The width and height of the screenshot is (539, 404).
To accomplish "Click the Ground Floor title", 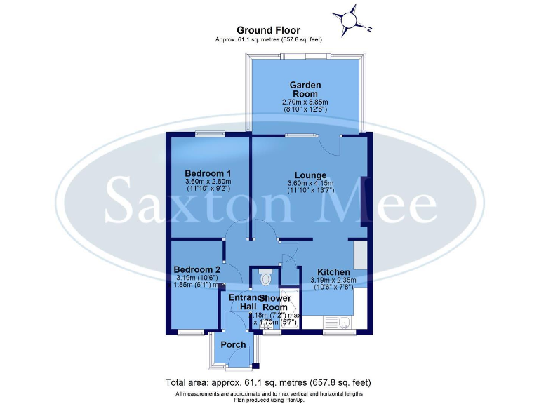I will click(268, 30).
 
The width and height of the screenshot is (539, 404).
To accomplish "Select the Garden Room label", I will click(305, 89).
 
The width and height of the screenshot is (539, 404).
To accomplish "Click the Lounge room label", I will click(310, 175).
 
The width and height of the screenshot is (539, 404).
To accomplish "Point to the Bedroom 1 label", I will click(208, 173).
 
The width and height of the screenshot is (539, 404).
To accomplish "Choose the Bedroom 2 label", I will click(197, 269).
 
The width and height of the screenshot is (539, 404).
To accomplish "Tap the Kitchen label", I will click(333, 272).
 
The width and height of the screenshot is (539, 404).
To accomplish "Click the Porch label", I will click(233, 344).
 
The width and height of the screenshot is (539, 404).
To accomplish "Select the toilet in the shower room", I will click(265, 278).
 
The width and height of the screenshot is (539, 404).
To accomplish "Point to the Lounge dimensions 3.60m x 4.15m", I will click(310, 187).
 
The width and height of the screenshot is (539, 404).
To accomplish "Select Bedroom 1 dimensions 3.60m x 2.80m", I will click(208, 185).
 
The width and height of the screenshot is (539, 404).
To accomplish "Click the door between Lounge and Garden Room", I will click(329, 145).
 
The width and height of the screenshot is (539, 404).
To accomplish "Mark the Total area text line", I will click(268, 383).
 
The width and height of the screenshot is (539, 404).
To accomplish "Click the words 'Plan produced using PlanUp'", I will click(268, 400).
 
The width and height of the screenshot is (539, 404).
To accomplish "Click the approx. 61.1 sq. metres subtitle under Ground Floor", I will click(268, 40).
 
